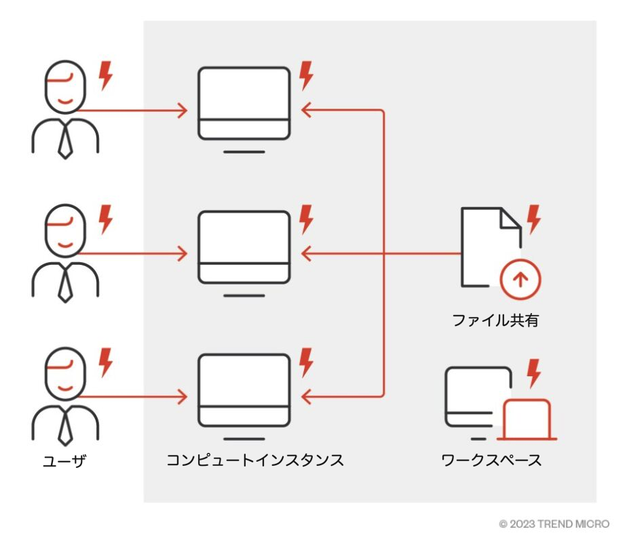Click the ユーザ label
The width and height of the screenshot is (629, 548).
(65, 462)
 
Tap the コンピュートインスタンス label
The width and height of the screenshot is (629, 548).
(255, 460)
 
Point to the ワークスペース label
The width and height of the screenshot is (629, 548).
(491, 460)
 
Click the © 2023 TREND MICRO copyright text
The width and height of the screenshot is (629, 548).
(554, 524)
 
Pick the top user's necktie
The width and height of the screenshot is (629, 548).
(65, 141)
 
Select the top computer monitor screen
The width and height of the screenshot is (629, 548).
(244, 95)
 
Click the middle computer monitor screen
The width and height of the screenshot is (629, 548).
(244, 238)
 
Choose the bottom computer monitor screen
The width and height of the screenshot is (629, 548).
(244, 382)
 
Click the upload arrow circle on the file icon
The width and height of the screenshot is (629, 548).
(520, 278)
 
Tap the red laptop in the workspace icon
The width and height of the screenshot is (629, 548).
(527, 419)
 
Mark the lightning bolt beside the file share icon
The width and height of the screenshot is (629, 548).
(535, 219)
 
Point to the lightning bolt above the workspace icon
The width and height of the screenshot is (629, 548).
(535, 371)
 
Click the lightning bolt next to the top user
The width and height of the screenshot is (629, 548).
(105, 75)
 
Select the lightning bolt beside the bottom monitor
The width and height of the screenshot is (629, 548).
(307, 362)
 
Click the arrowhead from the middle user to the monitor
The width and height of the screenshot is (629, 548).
(183, 254)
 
